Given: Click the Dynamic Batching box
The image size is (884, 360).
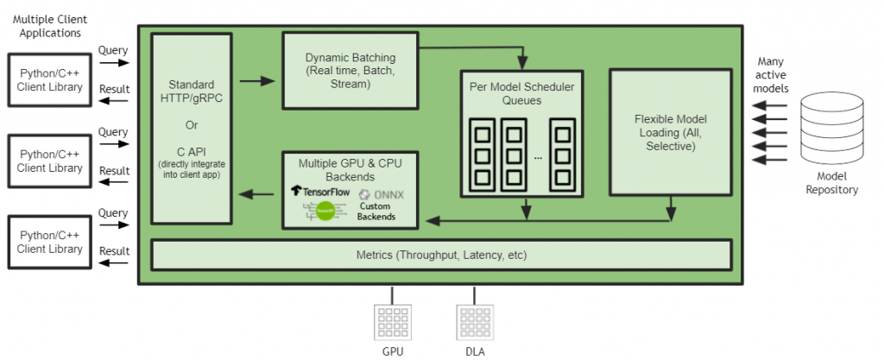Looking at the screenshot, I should [350, 70].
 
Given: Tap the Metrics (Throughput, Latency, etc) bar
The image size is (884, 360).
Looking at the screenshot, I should [441, 255].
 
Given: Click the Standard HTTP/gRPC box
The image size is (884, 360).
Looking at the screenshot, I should [192, 129].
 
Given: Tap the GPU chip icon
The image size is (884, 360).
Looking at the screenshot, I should [393, 322].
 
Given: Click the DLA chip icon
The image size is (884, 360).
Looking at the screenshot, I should [474, 322].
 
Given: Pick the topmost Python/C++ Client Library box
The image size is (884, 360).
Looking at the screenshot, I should [49, 80].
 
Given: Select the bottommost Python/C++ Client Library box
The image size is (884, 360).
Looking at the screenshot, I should [49, 243].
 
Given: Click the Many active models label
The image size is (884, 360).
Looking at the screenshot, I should [771, 75].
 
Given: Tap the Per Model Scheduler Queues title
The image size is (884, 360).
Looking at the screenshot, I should [521, 94].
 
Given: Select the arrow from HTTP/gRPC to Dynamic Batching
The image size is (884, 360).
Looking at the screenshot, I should [256, 81].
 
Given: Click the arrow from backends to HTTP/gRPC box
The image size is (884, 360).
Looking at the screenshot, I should [256, 194].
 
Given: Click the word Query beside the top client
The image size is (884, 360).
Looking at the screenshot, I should [112, 50].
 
